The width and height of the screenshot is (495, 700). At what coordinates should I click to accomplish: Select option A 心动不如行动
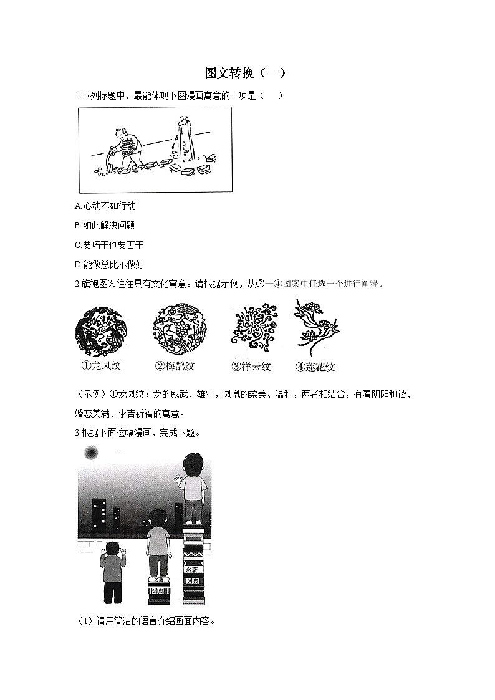tap(105, 206)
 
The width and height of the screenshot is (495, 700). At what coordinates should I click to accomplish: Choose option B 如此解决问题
tap(104, 225)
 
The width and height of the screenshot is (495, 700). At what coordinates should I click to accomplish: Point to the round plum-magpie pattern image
tap(178, 328)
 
